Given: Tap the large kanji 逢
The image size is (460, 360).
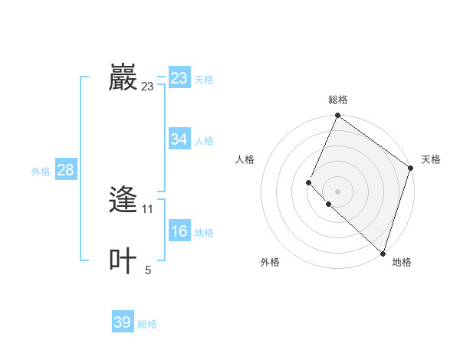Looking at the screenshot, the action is coord(123,200).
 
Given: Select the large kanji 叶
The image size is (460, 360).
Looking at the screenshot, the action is coord(123,261).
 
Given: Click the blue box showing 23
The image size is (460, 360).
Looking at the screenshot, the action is coord(179,78).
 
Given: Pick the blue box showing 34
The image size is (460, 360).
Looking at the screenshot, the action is coord(179,139).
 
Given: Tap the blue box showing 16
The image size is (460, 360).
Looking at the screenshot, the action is coord(179,231).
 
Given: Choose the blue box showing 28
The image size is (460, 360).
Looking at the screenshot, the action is coord(65,170).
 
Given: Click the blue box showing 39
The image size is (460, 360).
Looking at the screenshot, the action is coord(123,322).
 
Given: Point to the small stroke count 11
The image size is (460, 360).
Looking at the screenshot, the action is coord(148,209).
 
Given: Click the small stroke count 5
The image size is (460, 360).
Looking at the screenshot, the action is coord(148,270).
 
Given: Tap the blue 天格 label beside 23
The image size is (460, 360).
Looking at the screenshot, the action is coord(204,80).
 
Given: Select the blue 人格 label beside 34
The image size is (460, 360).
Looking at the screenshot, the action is coord(204,141).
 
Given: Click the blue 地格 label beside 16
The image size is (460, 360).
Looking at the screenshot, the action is coord(204,233).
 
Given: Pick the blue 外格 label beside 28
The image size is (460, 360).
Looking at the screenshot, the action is coord(41,172).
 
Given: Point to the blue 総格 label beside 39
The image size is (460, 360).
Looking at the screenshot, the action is coord(147,324).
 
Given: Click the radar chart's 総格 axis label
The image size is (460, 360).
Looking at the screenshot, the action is coord(338,100).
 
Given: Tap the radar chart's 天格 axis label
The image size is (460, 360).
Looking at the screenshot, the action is coord(431,159).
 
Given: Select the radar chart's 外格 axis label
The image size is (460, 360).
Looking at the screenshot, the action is coord(270,262).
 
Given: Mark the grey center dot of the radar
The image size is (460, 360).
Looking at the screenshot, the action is coord(337,191).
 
